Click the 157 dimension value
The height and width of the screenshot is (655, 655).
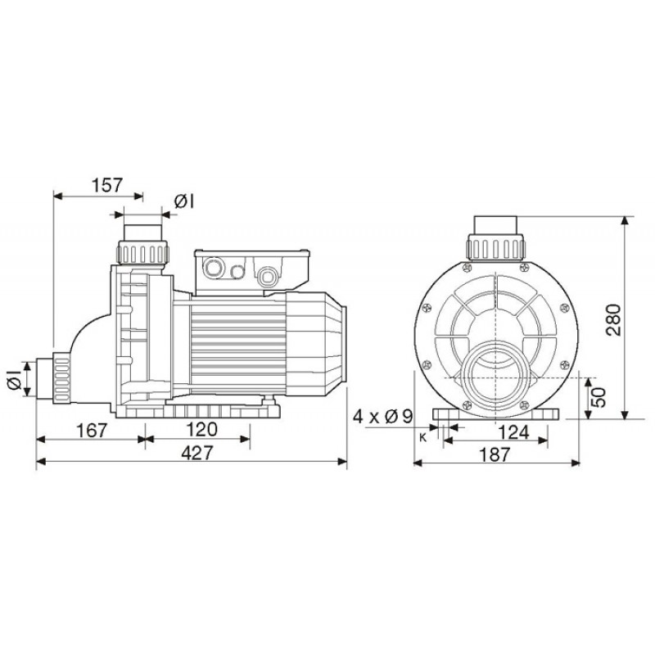pos(107,185)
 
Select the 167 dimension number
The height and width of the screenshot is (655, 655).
pos(92,431)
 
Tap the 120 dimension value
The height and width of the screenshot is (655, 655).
pos(201,429)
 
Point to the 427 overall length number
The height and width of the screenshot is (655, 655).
pos(197,453)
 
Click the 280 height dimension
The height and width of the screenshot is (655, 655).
pos(613,320)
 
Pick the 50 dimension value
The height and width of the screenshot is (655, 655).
pos(599,397)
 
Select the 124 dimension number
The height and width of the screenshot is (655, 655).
pos(514,432)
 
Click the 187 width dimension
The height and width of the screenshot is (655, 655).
pos(495,454)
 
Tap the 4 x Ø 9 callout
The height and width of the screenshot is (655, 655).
pos(383,417)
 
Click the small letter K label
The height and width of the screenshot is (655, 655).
pos(422,437)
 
